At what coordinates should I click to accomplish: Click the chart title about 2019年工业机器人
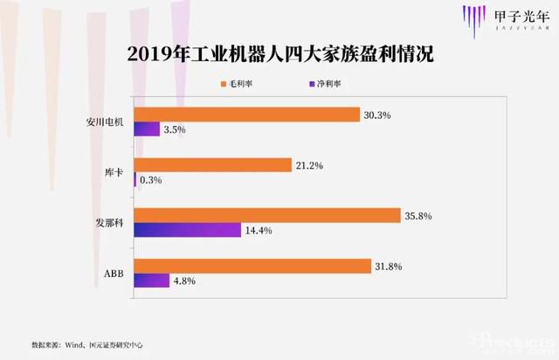click(x=280, y=54)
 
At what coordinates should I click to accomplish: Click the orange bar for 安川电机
click(x=246, y=114)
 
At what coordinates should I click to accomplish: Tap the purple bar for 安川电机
click(x=147, y=129)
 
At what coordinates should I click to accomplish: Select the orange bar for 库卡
click(x=212, y=165)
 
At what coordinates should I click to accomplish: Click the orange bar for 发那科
click(x=271, y=216)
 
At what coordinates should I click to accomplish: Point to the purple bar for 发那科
click(x=187, y=231)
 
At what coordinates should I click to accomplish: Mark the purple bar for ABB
click(x=151, y=281)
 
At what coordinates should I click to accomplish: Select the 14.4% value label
click(x=261, y=232)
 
